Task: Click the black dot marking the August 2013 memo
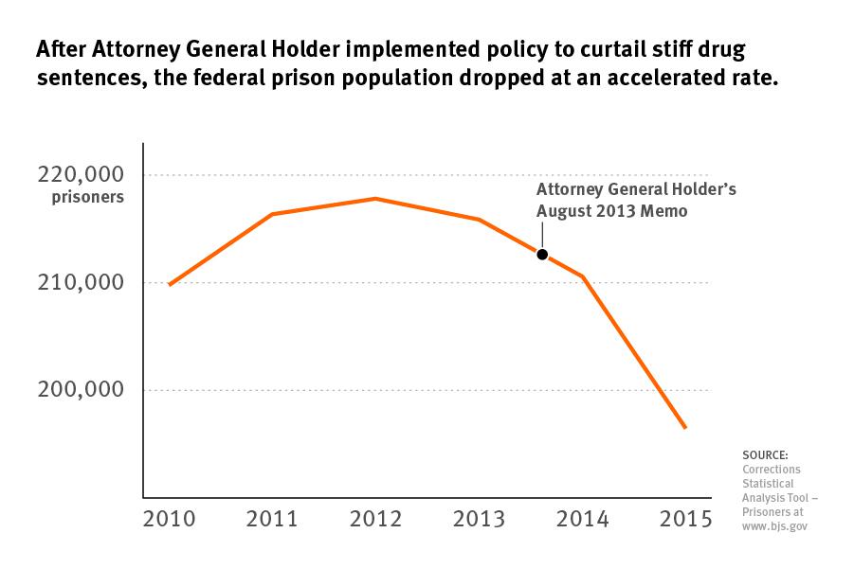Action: tap(542, 254)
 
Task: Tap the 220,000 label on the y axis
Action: tap(82, 175)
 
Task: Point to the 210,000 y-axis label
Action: tap(82, 283)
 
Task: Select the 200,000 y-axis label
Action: tap(82, 390)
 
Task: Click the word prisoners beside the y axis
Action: tap(88, 198)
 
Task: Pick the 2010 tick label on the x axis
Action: tap(170, 519)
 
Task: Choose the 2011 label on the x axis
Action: tap(272, 519)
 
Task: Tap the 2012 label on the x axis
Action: tap(375, 519)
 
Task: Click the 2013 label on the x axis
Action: tap(479, 519)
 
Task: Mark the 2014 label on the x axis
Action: tap(582, 519)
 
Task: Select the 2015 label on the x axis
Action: tap(684, 519)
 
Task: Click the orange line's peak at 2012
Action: tap(375, 198)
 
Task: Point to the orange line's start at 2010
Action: tap(170, 284)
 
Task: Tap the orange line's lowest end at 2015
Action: tap(685, 428)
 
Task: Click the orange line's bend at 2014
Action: tap(582, 276)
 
